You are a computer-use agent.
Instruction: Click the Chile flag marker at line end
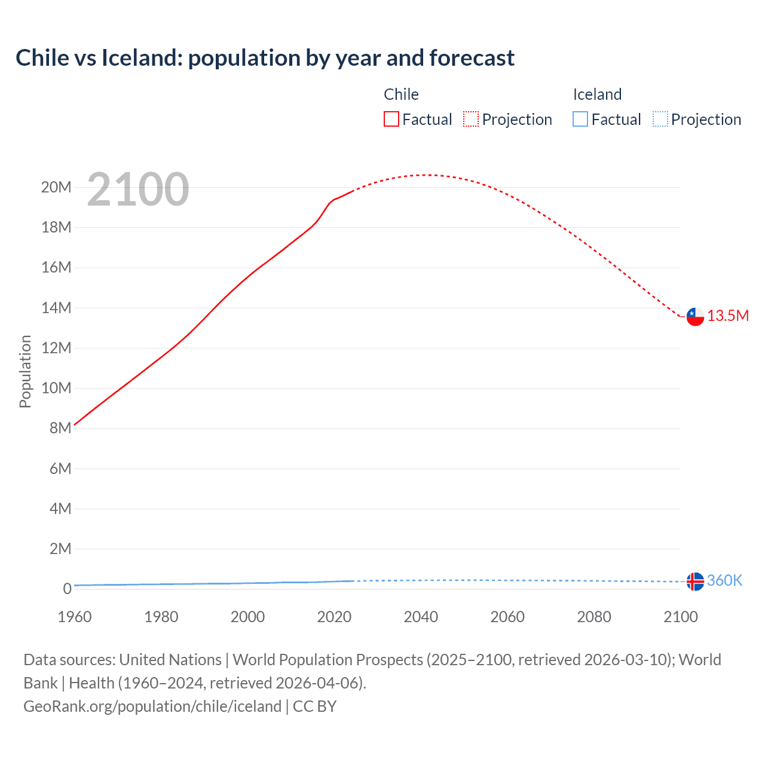click(x=695, y=316)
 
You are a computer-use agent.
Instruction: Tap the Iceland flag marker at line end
click(x=695, y=581)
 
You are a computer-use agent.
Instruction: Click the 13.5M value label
click(x=728, y=316)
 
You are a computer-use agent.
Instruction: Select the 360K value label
click(x=724, y=580)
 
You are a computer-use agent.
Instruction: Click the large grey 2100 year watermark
click(x=138, y=189)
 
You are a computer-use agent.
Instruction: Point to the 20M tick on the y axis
click(x=56, y=187)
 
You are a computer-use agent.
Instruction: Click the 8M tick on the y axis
click(x=60, y=428)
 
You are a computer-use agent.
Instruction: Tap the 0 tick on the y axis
click(x=67, y=589)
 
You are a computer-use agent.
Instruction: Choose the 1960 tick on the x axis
click(x=75, y=617)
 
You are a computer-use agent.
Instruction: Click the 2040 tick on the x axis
click(x=421, y=617)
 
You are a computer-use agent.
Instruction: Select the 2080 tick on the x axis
click(x=594, y=617)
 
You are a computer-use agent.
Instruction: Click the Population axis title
click(x=25, y=371)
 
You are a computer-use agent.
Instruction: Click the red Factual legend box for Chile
click(x=391, y=119)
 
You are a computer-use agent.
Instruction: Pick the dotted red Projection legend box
click(x=471, y=119)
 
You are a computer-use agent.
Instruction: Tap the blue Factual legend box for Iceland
click(x=580, y=119)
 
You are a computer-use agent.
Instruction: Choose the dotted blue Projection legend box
click(x=660, y=119)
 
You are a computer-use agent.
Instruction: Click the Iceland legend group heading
click(x=597, y=94)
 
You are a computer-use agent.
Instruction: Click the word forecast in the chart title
click(x=472, y=58)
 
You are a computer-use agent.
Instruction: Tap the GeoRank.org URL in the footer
click(x=152, y=706)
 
